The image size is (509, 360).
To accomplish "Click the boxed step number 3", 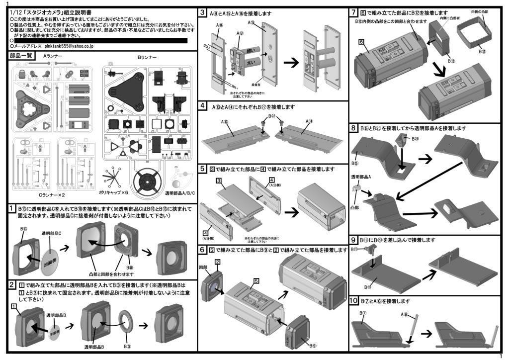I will (203, 12).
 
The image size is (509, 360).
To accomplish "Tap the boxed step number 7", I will (354, 12).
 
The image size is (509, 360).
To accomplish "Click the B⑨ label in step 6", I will (312, 345).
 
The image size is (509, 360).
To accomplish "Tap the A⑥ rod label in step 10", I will (405, 314).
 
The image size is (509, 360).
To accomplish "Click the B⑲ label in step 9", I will (368, 287).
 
